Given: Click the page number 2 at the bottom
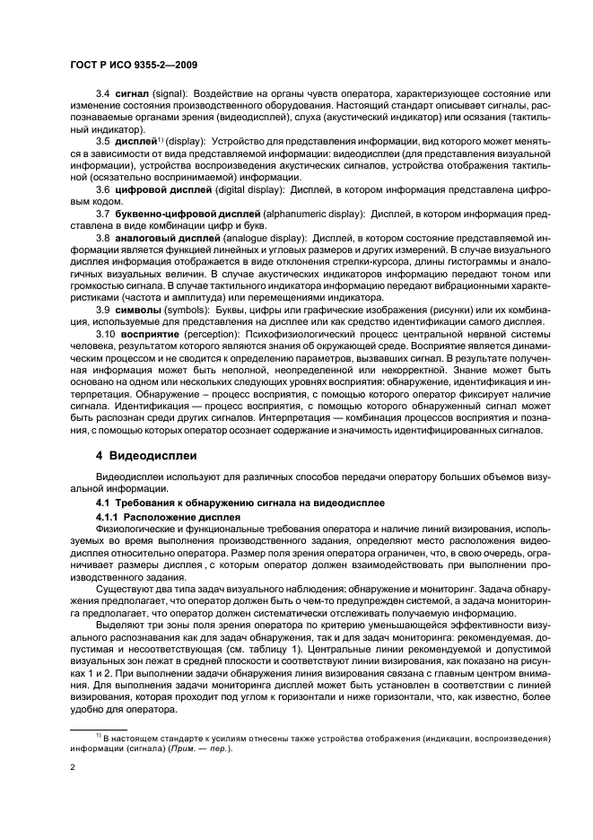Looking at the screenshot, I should [71, 768].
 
